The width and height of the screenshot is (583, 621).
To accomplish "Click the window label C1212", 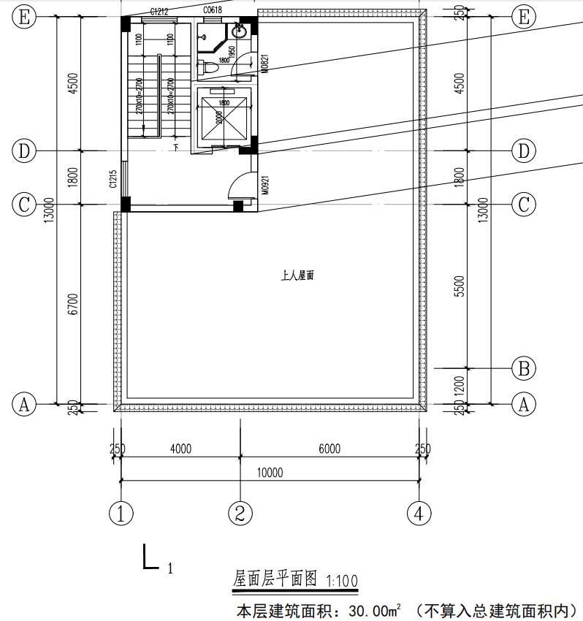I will pos(159,11).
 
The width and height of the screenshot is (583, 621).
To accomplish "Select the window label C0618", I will pos(213,10).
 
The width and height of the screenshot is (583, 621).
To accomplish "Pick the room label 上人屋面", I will pos(297,276).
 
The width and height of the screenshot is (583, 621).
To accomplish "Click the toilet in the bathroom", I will pos(209,68).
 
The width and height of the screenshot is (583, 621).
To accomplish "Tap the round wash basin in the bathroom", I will pos(239,31).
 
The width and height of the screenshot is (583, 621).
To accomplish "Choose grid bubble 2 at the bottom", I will pos(240,513).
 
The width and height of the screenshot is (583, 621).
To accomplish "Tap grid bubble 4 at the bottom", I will pos(419,513).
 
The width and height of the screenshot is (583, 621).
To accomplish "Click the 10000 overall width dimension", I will pos(270,473).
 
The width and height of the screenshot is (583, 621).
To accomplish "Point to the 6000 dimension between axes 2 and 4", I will pos(329,449).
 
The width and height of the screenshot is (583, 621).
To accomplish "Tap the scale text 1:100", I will pos(342,582).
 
